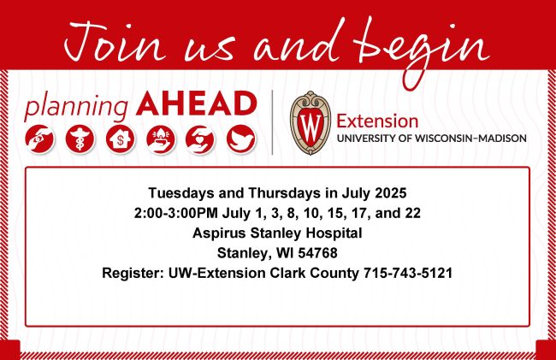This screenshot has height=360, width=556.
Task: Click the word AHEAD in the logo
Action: coord(196,103)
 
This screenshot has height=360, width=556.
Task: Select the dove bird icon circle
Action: coord(241,139)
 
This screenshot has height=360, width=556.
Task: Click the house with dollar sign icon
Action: coord(121,139)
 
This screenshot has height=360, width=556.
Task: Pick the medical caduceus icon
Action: coord(80,139)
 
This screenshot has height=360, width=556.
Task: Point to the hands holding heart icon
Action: coord(200,139)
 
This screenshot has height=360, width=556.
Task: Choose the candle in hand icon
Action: coord(161,139)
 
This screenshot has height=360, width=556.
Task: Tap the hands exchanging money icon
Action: coord(39,139)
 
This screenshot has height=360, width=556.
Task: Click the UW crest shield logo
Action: coord(311,122)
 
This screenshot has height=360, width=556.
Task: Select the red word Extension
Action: coord(377,121)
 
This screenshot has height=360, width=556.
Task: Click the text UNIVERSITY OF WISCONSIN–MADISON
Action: coord(431,139)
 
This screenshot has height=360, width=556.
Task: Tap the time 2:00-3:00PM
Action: coord(176,213)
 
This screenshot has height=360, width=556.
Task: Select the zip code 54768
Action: coord(317,253)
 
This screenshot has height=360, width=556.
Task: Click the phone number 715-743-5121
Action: coord(408,273)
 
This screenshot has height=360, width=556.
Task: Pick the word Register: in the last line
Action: coord(133,274)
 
